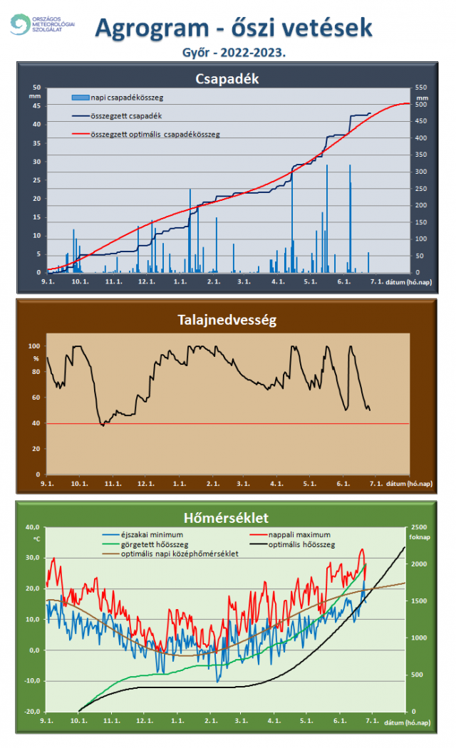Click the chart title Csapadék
(x=227, y=78)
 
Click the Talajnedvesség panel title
(x=227, y=321)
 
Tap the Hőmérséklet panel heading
(x=227, y=517)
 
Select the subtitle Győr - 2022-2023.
(x=227, y=53)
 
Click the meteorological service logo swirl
(x=21, y=25)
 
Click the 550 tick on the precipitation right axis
(x=422, y=87)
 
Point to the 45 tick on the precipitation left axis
(x=36, y=105)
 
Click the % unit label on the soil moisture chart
(x=36, y=358)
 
